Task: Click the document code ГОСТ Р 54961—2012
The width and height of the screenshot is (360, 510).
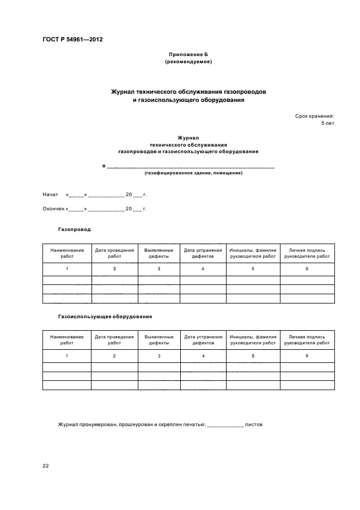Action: pos(72,40)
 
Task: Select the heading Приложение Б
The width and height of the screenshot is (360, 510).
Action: pos(188,55)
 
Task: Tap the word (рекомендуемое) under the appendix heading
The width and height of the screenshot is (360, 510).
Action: pos(188,62)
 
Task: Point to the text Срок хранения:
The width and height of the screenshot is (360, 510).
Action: pos(315,116)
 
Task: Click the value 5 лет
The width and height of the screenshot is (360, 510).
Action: pos(327,123)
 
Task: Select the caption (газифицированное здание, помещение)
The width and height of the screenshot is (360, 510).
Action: pos(193,173)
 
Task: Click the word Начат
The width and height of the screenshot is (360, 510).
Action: pos(50,195)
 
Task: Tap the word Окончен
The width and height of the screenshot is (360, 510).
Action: pos(53,209)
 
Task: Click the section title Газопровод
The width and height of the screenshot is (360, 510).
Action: pos(74,229)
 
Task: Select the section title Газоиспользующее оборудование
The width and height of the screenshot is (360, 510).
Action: pos(105,316)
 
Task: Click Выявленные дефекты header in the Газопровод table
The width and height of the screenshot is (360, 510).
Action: pos(158,253)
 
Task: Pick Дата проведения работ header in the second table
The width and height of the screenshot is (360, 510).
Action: pos(114,340)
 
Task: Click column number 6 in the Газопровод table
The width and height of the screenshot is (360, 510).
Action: pos(307,269)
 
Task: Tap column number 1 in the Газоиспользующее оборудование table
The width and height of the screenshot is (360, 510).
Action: pos(67,356)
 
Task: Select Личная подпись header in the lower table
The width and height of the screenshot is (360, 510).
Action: pos(307,340)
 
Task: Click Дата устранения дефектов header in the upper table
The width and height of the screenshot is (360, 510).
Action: pos(203,253)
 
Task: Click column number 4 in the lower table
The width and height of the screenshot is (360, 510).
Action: pos(203,356)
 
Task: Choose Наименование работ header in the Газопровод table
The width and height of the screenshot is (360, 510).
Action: pos(67,253)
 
